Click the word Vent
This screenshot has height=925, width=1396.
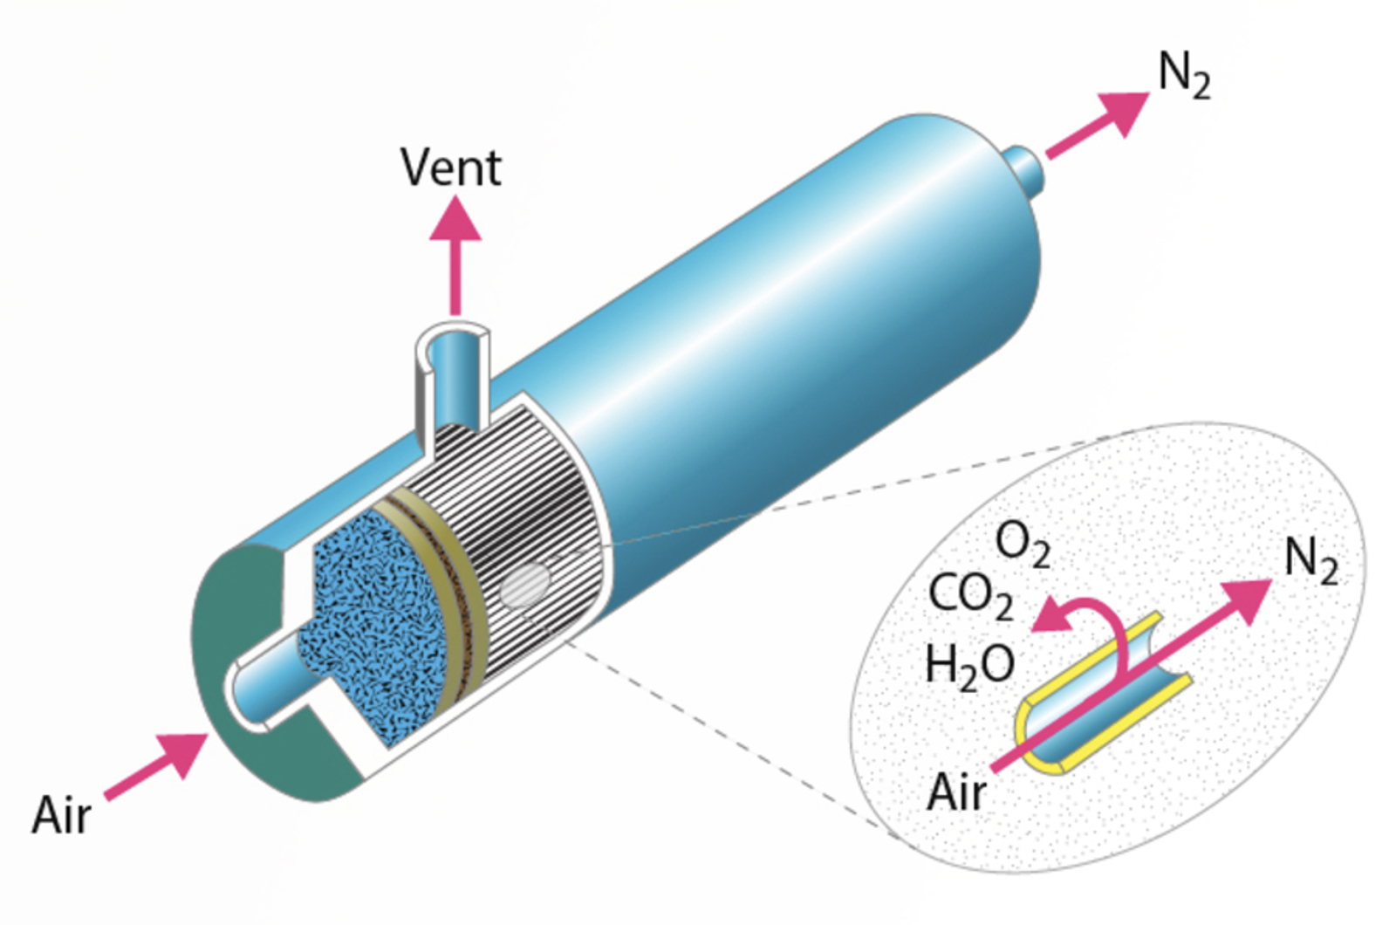point(450,168)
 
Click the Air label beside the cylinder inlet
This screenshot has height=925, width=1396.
point(60,815)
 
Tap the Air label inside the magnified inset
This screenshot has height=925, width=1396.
point(956,792)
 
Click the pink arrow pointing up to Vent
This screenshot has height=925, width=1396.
point(455,253)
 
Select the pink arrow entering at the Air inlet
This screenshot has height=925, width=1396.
point(157,765)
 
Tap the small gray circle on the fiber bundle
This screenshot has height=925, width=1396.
point(525,585)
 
